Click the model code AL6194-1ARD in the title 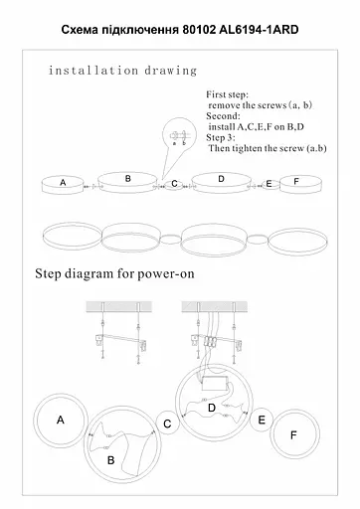tap(259, 30)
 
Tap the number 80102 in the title tap(199, 30)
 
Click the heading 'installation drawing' tap(123, 71)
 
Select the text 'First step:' tap(227, 94)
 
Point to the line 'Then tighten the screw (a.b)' tap(268, 148)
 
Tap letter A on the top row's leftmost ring tap(63, 182)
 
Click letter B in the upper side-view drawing tap(128, 179)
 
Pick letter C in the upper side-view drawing tap(174, 184)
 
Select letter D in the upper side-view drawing tap(221, 179)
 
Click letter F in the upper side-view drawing tap(296, 182)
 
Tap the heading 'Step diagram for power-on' tap(114, 273)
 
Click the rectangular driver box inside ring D tap(215, 384)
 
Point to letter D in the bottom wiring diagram tap(212, 408)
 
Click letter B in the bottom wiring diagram tap(111, 460)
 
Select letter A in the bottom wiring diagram tap(61, 420)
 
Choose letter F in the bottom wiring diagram tap(293, 435)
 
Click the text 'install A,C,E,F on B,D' tap(256, 127)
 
